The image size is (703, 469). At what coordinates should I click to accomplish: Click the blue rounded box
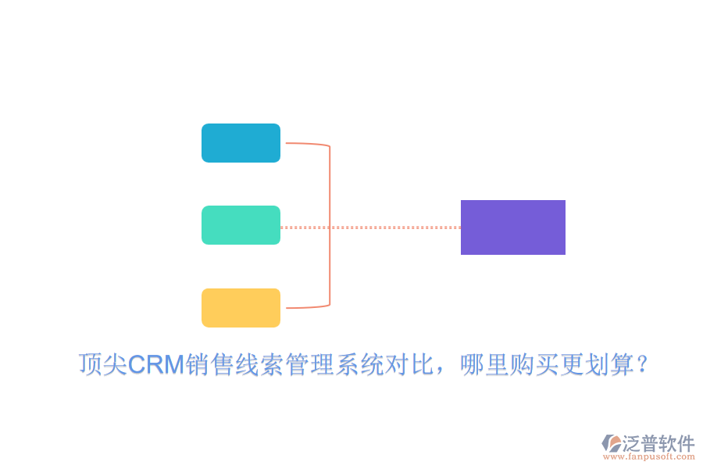coord(241,143)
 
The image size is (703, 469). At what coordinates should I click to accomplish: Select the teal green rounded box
coord(241,225)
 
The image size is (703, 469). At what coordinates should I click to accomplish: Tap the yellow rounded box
coord(241,308)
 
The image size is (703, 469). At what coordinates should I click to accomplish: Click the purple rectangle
coord(513,227)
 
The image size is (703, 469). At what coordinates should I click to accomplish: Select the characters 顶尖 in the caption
coord(103,364)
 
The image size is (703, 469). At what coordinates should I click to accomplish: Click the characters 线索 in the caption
coord(260,364)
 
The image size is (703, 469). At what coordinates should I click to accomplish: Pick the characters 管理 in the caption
coord(311,364)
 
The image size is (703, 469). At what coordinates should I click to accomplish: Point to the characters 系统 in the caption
coord(362,364)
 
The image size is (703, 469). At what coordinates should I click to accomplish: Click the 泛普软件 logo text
coord(658,443)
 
